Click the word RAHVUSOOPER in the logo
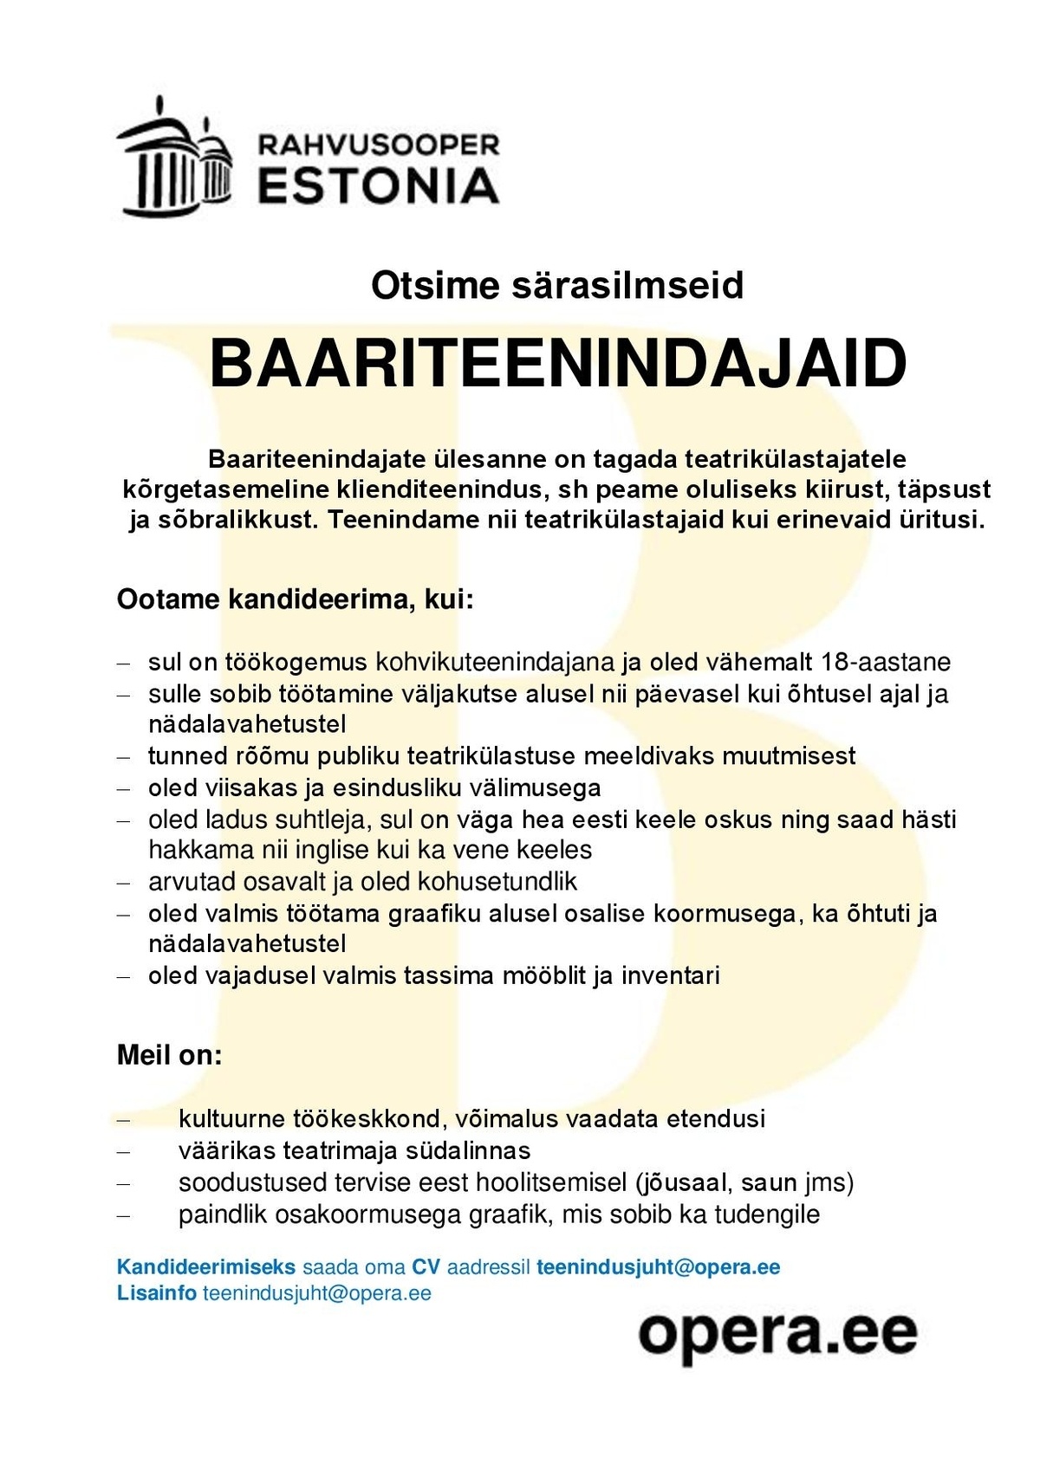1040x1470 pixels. click(379, 145)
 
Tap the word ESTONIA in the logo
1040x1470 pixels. click(379, 185)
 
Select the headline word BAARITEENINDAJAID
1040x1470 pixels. click(557, 364)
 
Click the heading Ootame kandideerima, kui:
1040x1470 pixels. click(296, 599)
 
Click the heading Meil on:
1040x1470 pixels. click(170, 1055)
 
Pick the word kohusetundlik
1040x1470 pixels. click(497, 882)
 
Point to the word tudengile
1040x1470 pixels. click(767, 1214)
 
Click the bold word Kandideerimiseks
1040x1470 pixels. click(206, 1267)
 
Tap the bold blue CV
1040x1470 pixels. click(426, 1267)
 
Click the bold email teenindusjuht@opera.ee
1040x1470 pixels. click(659, 1267)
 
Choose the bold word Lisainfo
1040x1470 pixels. click(156, 1293)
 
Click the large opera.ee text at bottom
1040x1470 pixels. click(777, 1335)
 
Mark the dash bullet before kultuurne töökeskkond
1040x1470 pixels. click(124, 1120)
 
